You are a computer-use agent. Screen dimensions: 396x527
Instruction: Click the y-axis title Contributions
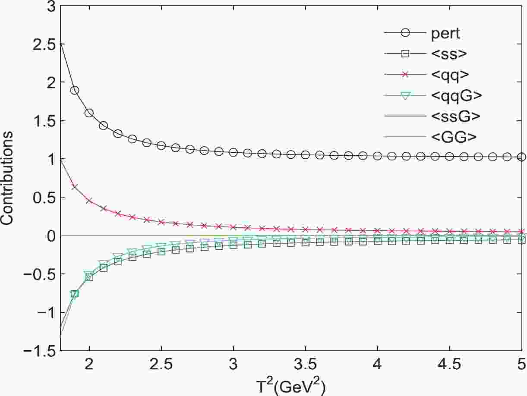pyautogui.click(x=8, y=179)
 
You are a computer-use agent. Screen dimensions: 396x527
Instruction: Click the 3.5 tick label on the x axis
pyautogui.click(x=305, y=365)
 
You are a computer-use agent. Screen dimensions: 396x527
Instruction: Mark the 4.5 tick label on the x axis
pyautogui.click(x=449, y=365)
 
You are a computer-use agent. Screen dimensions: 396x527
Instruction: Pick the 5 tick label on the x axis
pyautogui.click(x=521, y=365)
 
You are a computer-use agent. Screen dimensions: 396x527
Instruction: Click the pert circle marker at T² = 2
pyautogui.click(x=89, y=113)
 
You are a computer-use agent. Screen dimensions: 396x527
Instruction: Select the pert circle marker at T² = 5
pyautogui.click(x=521, y=157)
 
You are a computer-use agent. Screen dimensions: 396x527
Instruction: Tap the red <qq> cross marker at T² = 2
pyautogui.click(x=89, y=201)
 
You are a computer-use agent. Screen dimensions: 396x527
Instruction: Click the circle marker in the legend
pyautogui.click(x=405, y=33)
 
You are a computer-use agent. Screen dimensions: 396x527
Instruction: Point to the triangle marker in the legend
pyautogui.click(x=405, y=96)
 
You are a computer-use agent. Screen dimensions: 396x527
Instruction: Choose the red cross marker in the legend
pyautogui.click(x=405, y=75)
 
